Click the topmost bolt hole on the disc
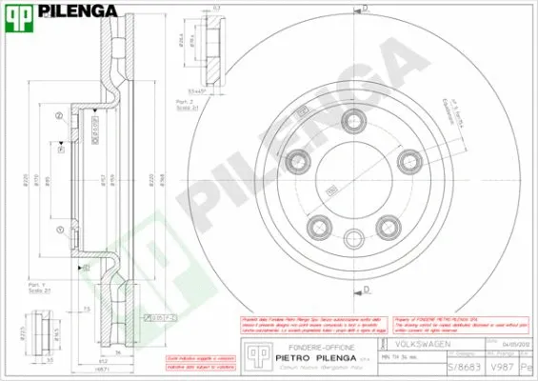click(355, 120)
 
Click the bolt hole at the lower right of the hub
click(389, 226)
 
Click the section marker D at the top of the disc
click(365, 8)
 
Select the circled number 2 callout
click(59, 116)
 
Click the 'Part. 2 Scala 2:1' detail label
click(185, 104)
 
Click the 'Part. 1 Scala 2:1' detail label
click(38, 289)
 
